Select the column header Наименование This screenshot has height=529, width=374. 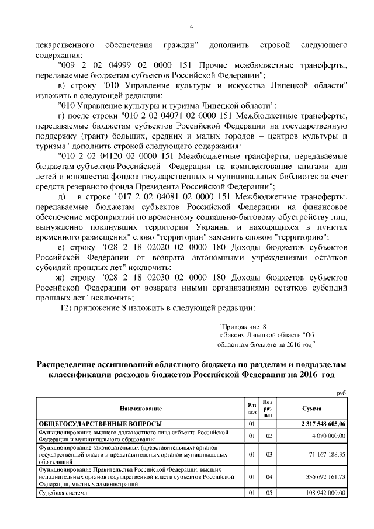140,407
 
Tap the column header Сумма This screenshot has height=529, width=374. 311,407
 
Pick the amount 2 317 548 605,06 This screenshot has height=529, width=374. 320,423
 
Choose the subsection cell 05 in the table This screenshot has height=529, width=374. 269,493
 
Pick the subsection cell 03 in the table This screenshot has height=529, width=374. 269,453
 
